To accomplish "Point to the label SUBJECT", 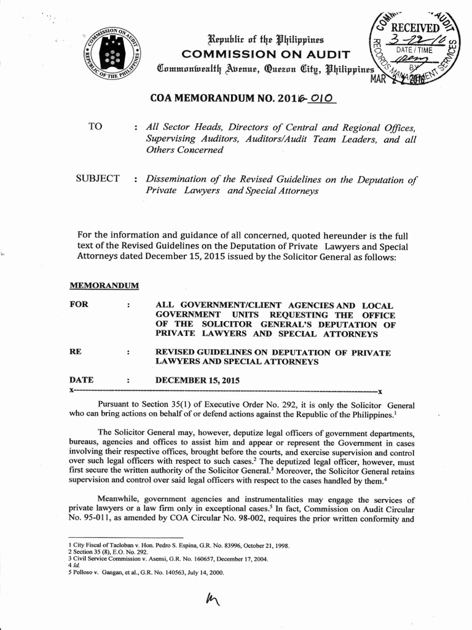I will [x=98, y=179].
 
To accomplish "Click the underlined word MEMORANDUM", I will [x=103, y=286].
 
